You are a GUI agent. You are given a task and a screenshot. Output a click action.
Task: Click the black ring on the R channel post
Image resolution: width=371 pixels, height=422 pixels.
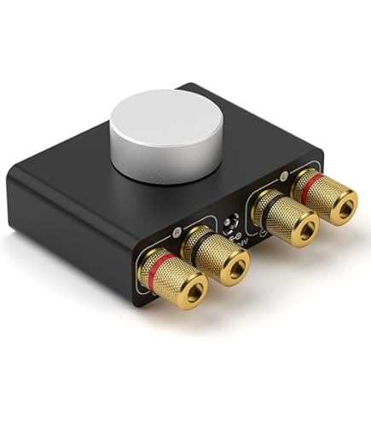(206, 238)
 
